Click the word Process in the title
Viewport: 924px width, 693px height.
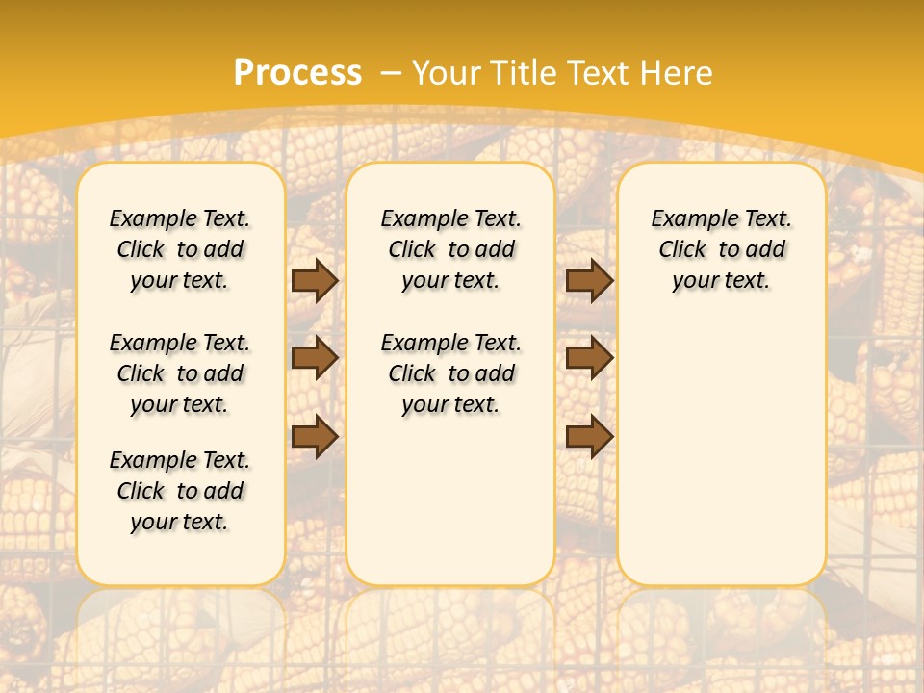[297, 72]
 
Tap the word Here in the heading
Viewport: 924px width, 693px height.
[677, 72]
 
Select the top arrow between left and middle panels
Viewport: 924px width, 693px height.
[315, 280]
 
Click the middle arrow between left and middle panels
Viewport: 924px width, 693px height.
[315, 358]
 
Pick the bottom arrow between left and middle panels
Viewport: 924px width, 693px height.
[315, 437]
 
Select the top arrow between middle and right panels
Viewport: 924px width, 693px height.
[589, 280]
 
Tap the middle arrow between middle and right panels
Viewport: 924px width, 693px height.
[589, 358]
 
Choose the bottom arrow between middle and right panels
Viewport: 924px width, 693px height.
[589, 437]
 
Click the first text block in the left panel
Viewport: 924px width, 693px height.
[180, 249]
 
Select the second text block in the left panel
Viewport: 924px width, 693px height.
[180, 373]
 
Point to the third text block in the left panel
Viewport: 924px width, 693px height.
[180, 491]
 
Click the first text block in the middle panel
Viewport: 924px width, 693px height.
[450, 249]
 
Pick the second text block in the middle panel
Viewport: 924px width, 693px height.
[450, 373]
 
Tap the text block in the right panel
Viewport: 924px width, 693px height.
[721, 249]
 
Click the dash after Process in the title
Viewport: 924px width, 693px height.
[391, 73]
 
